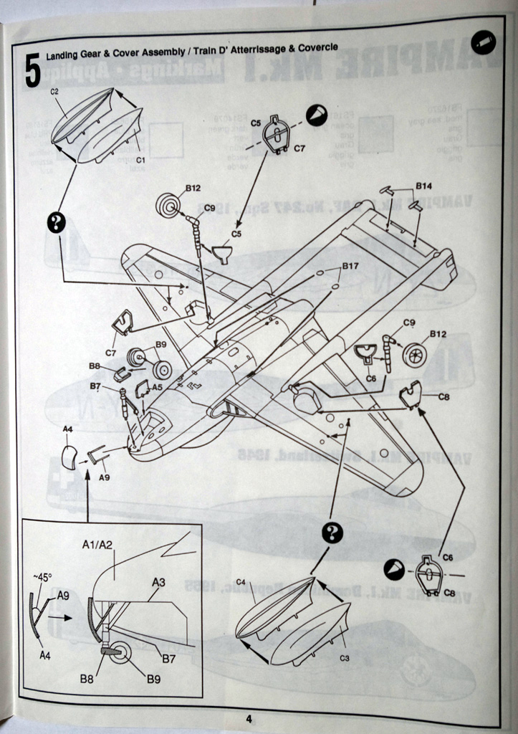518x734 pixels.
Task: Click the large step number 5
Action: tap(32, 70)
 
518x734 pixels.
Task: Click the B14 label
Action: tap(425, 186)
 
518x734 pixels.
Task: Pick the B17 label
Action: tap(350, 267)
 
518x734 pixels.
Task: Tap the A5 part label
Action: tap(157, 386)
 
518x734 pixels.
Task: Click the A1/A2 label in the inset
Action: tap(98, 545)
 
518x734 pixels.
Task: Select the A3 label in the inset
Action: tap(158, 582)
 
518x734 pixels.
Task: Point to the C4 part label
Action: tap(241, 581)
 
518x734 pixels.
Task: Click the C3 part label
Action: tap(345, 657)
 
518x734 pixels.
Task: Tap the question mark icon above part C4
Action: tap(332, 532)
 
